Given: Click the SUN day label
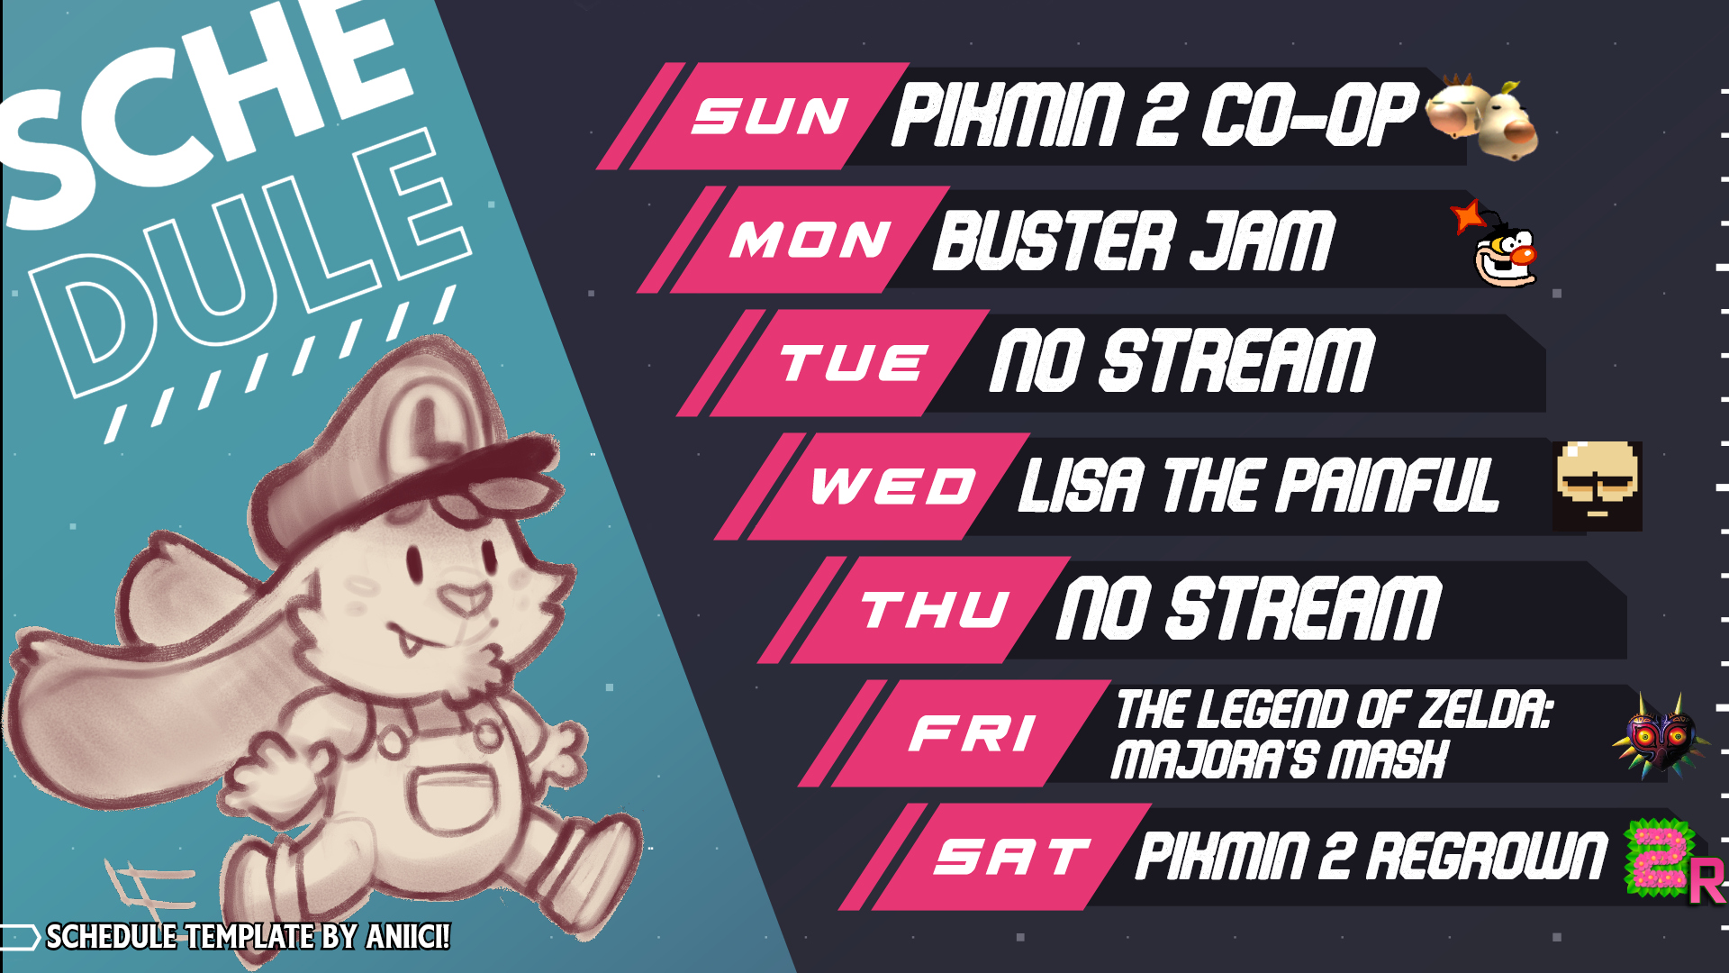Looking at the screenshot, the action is click(x=770, y=116).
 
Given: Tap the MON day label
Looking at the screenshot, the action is click(x=810, y=240).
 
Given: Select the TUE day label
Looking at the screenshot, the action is click(x=853, y=363).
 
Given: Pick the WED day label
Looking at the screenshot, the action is click(x=893, y=486).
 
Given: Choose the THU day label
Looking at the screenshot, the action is click(x=936, y=610).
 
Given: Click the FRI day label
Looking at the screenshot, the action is click(x=973, y=733).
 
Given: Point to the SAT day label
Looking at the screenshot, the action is click(x=1013, y=857).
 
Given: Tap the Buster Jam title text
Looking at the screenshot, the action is click(x=1134, y=241).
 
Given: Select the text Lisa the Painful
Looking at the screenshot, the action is click(x=1258, y=486).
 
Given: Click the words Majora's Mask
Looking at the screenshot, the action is click(x=1279, y=759).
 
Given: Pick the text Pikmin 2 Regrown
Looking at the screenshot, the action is click(x=1371, y=856).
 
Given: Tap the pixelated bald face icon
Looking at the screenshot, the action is click(x=1598, y=486).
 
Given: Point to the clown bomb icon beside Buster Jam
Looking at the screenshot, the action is click(x=1496, y=244).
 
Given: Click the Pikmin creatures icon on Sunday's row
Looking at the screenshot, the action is click(x=1482, y=117).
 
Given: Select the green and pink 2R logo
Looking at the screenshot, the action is click(x=1673, y=860).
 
